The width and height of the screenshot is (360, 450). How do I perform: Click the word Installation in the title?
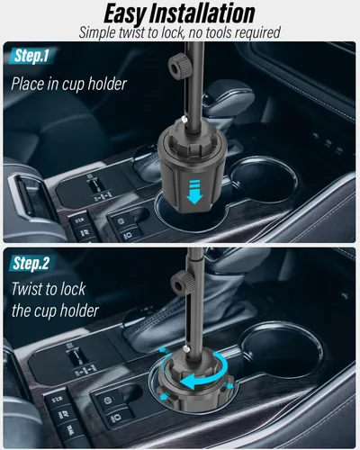click(x=202, y=13)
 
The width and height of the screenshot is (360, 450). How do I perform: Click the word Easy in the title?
click(x=125, y=14)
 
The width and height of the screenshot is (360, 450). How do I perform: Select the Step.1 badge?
click(x=31, y=56)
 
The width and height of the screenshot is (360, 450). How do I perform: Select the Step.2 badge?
click(x=31, y=263)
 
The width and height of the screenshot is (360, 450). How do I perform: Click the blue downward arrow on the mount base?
click(x=194, y=192)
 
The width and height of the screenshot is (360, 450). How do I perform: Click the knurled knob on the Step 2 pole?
click(x=181, y=282)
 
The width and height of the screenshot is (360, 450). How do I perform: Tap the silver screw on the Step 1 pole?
click(x=184, y=120)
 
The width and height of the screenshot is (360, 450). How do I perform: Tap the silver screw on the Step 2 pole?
click(x=187, y=348)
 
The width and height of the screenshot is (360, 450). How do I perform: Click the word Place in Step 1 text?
click(x=27, y=84)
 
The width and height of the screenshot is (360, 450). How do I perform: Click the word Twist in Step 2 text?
click(x=27, y=289)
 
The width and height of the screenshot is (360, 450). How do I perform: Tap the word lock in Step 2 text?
click(x=73, y=289)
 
